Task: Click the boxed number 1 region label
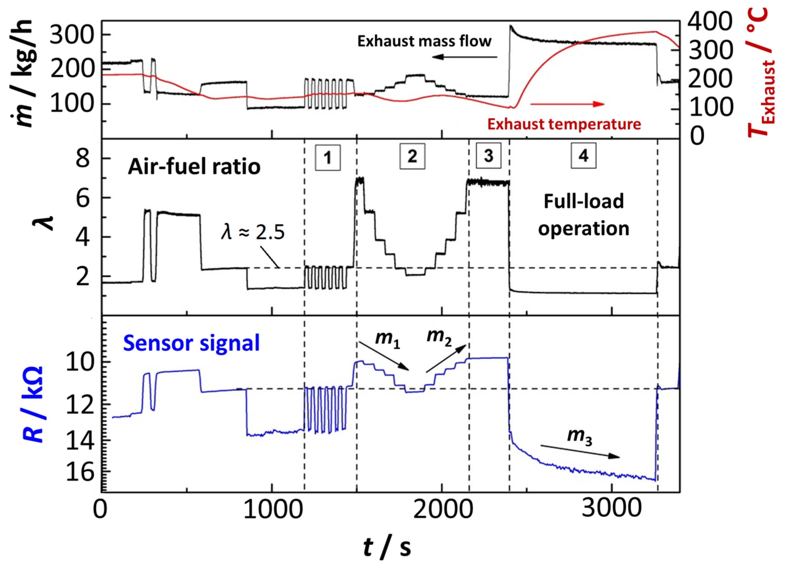(x=327, y=158)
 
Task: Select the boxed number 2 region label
(x=412, y=156)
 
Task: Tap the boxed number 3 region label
(x=489, y=156)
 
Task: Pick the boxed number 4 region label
(x=583, y=156)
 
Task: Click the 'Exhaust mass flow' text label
(x=424, y=41)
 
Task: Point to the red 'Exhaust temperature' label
(x=564, y=124)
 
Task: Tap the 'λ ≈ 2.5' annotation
(x=253, y=232)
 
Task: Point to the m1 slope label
(x=387, y=338)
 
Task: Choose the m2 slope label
(x=439, y=337)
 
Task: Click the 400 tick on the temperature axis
(x=710, y=21)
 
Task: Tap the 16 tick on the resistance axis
(x=80, y=472)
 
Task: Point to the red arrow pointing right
(x=567, y=104)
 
